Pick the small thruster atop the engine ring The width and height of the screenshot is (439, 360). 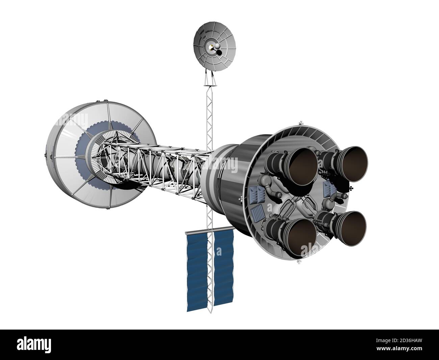(x=300, y=123)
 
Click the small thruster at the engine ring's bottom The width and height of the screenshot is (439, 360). (x=299, y=262)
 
